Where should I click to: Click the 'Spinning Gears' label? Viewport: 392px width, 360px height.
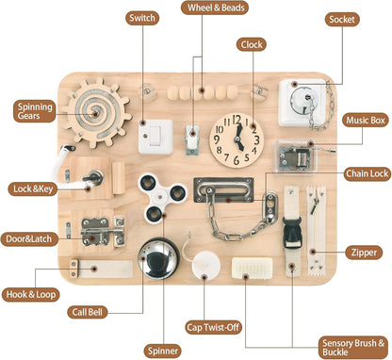point(34,111)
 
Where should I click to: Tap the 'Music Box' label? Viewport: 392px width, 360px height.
point(366,120)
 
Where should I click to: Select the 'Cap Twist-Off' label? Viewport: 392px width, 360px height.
point(213,328)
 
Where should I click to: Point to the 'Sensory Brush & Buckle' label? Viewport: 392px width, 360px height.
point(353,347)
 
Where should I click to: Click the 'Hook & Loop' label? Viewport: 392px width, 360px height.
point(31,294)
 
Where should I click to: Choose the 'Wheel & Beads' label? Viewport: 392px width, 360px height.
point(215,8)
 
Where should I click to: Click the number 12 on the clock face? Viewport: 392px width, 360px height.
point(237,120)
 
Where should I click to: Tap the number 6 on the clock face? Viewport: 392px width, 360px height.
point(237,160)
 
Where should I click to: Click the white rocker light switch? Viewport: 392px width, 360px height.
point(155,137)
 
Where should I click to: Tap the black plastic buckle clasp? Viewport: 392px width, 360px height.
point(291,233)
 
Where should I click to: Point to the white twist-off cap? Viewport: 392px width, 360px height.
point(206,265)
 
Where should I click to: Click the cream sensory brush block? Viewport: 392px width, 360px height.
point(252,268)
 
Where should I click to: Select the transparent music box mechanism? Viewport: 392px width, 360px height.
point(296,156)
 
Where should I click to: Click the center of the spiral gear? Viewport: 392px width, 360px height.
point(94,112)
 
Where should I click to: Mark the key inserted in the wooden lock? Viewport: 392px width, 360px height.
point(93,178)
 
